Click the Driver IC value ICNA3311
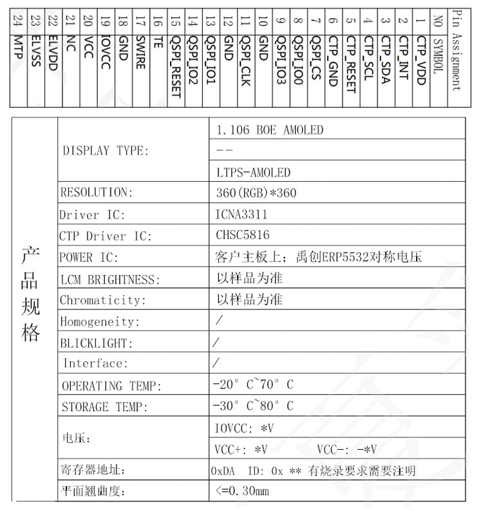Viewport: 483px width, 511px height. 241,215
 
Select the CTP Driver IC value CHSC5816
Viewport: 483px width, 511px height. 243,236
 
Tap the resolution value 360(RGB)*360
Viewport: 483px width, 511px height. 256,193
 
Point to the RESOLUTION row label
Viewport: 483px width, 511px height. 97,193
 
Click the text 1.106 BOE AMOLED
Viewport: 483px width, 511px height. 269,130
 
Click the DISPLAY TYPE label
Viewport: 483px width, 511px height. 105,151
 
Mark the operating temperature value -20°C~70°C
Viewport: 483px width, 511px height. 252,385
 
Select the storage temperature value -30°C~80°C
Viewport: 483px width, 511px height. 252,407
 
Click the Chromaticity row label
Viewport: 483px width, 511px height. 103,300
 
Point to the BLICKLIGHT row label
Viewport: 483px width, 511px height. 97,343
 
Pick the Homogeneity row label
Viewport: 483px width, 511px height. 100,322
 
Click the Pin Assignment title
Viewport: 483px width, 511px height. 457,52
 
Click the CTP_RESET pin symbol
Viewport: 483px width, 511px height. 350,64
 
